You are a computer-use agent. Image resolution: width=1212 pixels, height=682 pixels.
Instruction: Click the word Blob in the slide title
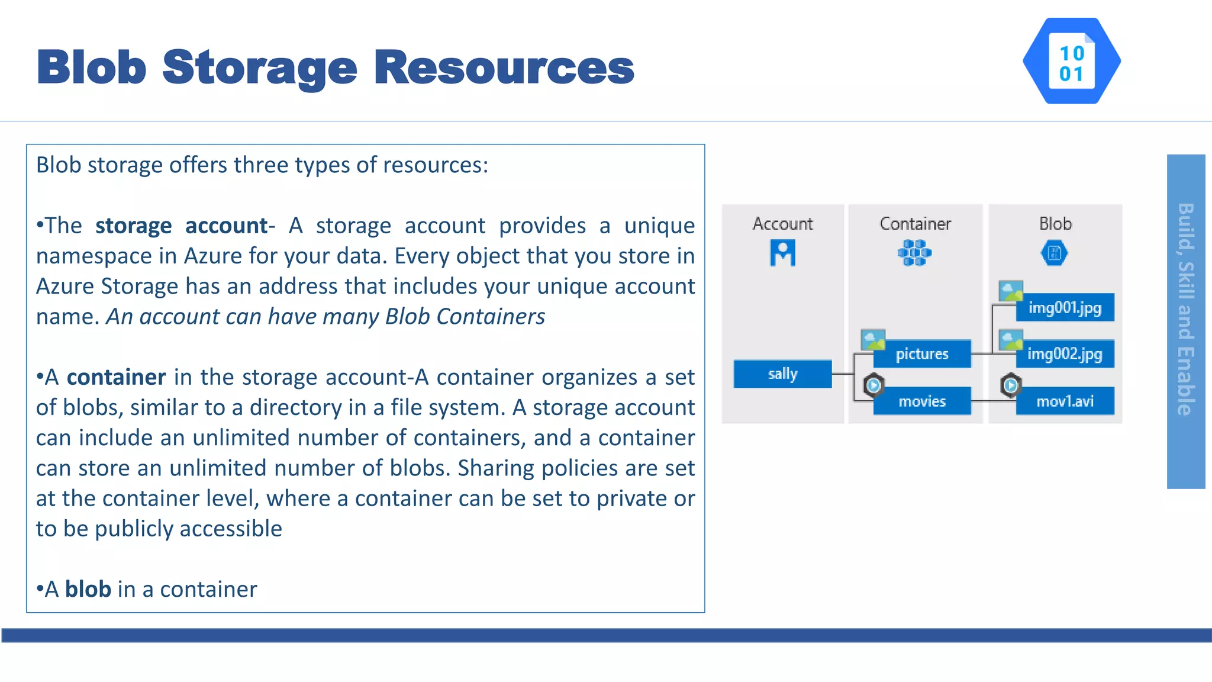click(92, 67)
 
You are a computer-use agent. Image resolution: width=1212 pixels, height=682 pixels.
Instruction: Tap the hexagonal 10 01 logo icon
click(1071, 62)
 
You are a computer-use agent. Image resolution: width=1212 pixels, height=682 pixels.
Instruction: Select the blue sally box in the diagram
click(782, 374)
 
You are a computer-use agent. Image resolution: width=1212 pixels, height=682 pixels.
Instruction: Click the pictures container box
click(921, 354)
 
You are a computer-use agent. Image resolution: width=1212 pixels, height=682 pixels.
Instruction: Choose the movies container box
click(921, 401)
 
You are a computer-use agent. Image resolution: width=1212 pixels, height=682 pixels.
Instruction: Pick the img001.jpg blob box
click(1065, 308)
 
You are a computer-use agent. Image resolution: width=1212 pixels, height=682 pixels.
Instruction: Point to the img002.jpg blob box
click(1065, 354)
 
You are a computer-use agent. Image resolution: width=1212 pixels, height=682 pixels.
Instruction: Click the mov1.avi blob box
click(1065, 401)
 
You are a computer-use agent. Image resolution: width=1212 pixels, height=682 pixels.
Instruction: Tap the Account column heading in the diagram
click(782, 224)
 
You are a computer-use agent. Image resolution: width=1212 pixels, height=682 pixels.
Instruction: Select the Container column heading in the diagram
click(915, 224)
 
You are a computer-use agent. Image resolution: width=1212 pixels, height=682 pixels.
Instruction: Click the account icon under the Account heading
click(782, 253)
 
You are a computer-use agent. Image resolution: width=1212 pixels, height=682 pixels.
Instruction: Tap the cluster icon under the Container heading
click(914, 253)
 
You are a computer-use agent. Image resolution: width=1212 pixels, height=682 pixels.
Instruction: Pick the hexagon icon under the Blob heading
click(1054, 253)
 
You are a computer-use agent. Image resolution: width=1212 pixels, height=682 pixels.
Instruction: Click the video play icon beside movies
click(873, 385)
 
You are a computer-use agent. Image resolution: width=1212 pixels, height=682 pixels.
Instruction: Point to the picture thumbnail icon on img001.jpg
click(1010, 291)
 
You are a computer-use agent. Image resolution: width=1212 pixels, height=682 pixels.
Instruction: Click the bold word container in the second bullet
click(116, 377)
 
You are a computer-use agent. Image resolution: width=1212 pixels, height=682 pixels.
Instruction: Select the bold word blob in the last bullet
click(88, 589)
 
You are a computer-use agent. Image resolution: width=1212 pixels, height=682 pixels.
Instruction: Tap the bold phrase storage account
click(182, 226)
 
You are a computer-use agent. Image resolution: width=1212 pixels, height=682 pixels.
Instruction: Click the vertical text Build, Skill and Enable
click(1185, 309)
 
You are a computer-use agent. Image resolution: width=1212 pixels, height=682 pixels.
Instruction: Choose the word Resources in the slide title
click(504, 67)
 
